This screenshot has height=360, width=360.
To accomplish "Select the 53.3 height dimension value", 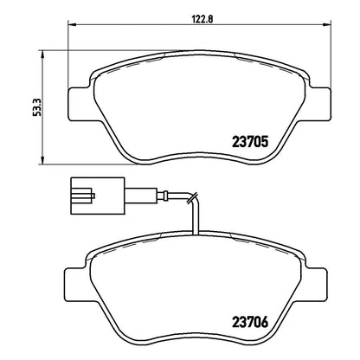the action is click(x=37, y=107).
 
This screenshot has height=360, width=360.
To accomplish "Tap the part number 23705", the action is click(x=250, y=142).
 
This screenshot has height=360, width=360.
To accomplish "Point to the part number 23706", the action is click(x=250, y=322).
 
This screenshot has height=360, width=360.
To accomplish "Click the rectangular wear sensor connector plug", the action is click(x=98, y=196).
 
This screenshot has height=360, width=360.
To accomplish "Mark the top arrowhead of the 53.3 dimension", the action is click(x=42, y=55).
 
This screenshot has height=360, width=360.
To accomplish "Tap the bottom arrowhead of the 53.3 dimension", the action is click(x=42, y=161).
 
